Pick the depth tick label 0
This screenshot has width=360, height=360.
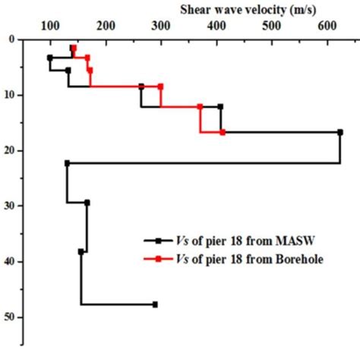[x=16, y=39]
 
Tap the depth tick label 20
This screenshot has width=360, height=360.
[x=14, y=150]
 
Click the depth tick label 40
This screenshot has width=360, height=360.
[x=14, y=261]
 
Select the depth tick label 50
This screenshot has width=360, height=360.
[x=14, y=317]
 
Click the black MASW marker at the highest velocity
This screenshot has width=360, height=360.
[x=339, y=132]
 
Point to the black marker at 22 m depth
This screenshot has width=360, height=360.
[x=68, y=163]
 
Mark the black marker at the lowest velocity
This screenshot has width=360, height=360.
[x=50, y=58]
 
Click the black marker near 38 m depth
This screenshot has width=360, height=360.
[x=81, y=251]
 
